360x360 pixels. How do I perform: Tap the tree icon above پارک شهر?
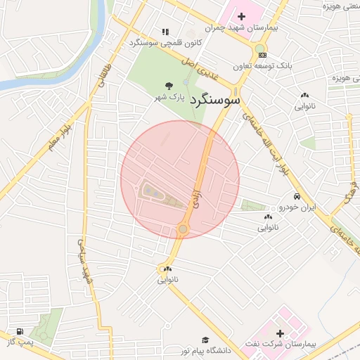point(168,85)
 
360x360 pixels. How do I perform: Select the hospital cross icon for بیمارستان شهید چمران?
point(242,15)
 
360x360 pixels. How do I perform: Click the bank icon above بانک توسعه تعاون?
point(262,54)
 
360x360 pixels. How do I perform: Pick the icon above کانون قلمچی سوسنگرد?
point(165,32)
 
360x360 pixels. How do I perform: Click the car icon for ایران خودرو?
point(298,196)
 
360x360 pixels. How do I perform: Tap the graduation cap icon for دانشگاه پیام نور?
point(205,340)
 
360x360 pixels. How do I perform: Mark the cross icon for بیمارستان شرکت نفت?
point(280,333)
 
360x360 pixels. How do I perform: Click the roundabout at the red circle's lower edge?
point(183,229)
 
